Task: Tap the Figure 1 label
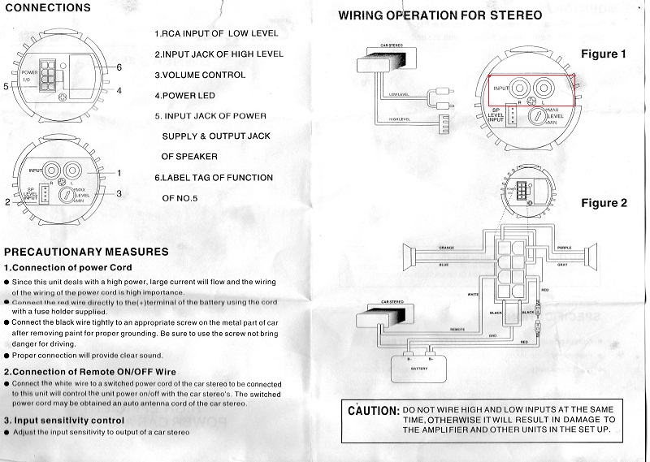(603, 54)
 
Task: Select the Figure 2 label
(603, 203)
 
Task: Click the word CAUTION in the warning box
(373, 412)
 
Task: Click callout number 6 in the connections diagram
(119, 67)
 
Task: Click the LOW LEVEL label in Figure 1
(399, 94)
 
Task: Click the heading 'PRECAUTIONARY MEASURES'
(87, 252)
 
